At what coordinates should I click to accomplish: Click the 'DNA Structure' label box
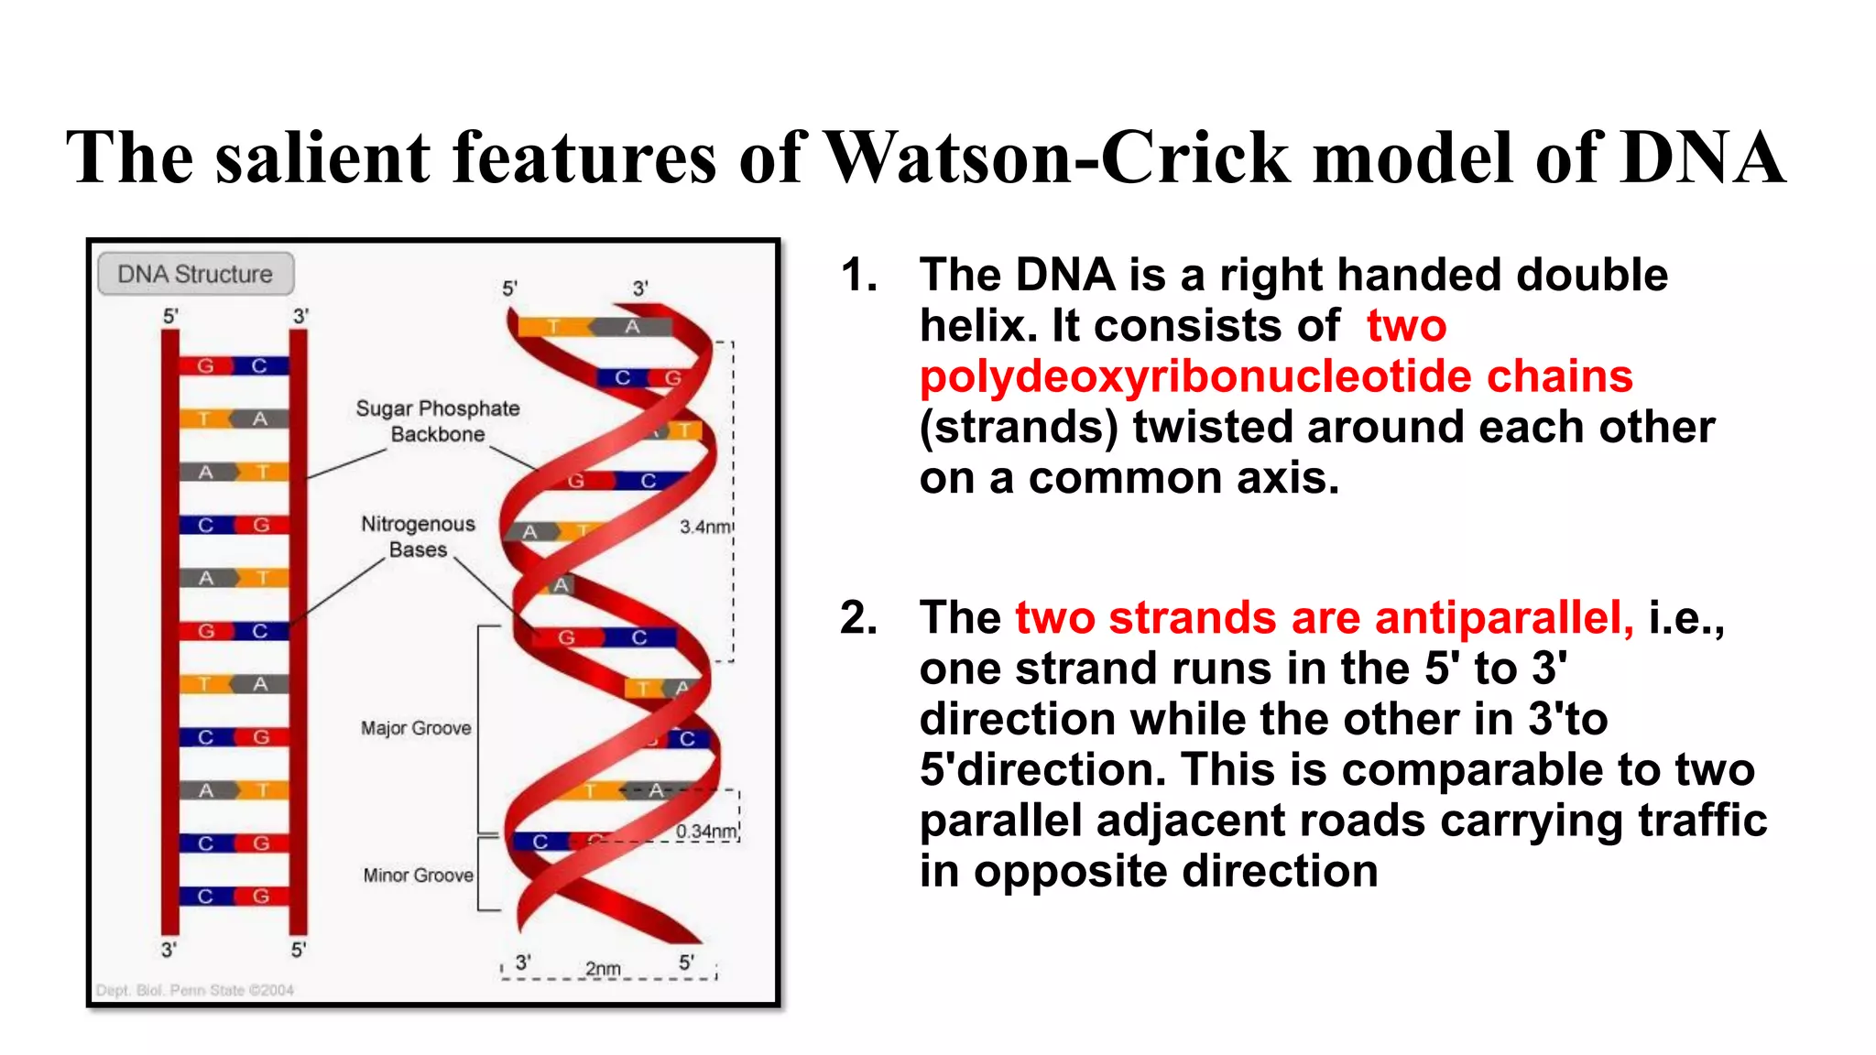click(x=195, y=274)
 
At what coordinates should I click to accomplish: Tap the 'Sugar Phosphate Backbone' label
click(x=438, y=421)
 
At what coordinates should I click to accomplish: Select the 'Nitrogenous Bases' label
click(x=418, y=537)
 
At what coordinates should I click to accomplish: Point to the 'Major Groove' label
click(x=416, y=728)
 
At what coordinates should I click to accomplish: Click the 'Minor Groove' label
click(x=418, y=876)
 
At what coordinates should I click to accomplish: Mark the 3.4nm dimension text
click(x=704, y=527)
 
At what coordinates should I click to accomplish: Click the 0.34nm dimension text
click(x=706, y=832)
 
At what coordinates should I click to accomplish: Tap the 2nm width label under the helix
click(x=603, y=969)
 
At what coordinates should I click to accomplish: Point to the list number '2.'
click(x=858, y=617)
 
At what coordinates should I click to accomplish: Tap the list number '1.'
click(x=858, y=275)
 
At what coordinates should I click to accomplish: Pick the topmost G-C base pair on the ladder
click(x=233, y=365)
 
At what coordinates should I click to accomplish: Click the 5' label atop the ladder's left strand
click(x=170, y=316)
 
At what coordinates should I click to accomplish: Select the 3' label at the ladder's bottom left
click(x=169, y=950)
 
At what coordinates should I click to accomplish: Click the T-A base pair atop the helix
click(x=594, y=327)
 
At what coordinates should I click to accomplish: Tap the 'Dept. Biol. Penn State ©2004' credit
click(x=194, y=990)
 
